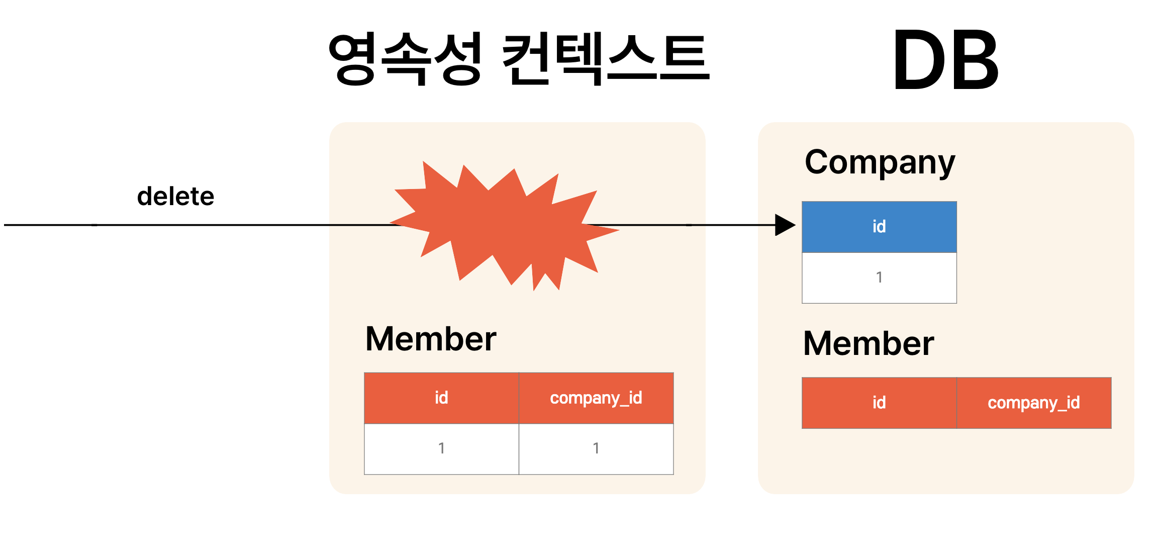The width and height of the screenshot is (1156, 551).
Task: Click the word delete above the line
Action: coord(175,196)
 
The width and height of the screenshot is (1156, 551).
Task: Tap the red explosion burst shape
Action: coord(503,226)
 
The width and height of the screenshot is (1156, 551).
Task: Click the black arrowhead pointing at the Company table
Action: coord(784,225)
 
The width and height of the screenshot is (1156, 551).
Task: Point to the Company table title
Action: coord(880,162)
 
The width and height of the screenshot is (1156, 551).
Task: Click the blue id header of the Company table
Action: coord(879,227)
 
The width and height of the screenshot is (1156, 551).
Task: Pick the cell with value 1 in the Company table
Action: coord(879,278)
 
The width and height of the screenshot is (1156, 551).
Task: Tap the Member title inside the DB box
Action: coord(869,343)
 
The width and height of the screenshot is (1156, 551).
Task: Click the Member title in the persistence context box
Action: coord(431,339)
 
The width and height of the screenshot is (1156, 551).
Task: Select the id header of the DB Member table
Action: coord(879,403)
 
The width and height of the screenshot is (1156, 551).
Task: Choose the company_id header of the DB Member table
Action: coord(1034,403)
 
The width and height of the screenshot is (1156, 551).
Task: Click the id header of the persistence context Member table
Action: coord(441,398)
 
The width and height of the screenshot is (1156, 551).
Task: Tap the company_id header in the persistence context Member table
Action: coord(596,398)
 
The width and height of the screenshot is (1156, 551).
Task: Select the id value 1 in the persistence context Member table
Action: coord(441,448)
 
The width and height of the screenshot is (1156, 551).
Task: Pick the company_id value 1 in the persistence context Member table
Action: coord(596,448)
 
